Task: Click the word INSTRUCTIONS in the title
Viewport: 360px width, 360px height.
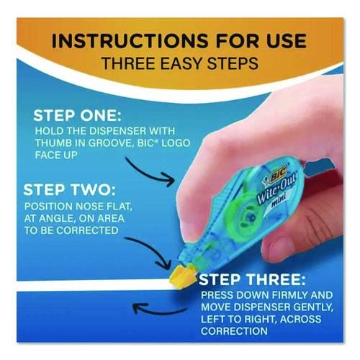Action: coord(130,41)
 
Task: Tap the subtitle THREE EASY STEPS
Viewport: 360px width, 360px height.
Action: coord(180,63)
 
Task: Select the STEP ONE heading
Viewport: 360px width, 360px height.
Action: coord(77,116)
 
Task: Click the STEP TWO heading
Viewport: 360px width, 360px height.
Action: coord(70,189)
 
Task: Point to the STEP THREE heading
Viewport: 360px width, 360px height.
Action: coord(252,280)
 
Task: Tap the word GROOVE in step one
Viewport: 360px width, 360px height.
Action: coord(111,143)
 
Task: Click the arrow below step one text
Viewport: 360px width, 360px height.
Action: coord(149,171)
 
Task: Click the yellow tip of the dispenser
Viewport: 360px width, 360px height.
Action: coord(181,276)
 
